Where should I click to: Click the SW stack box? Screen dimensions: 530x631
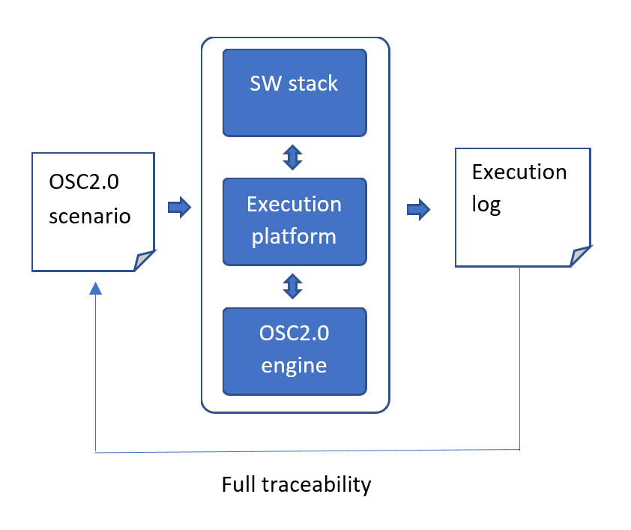[295, 93]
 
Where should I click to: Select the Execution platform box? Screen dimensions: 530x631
[295, 221]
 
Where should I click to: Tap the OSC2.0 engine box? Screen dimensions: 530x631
[295, 351]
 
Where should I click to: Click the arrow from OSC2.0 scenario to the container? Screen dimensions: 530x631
[179, 206]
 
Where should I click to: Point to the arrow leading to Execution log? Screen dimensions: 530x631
[418, 209]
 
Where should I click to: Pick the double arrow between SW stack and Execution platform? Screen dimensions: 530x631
[292, 157]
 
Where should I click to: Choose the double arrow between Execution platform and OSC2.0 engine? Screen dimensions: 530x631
[292, 286]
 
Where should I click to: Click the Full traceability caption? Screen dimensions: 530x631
[296, 485]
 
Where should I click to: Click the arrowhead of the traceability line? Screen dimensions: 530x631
[95, 289]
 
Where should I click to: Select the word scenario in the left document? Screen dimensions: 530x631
[90, 217]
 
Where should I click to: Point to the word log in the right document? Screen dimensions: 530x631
[486, 205]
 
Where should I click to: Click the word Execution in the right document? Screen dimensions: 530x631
[519, 172]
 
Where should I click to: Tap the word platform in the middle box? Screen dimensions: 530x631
[294, 237]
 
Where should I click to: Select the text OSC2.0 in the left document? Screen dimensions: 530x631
[84, 184]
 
